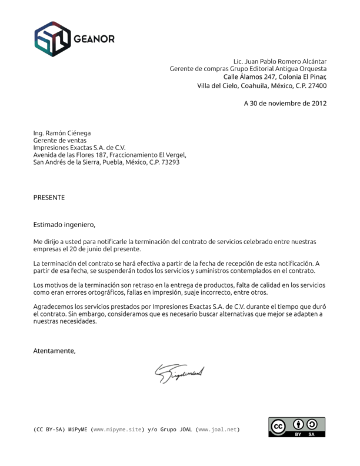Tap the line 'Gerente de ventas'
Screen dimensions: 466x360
[59, 141]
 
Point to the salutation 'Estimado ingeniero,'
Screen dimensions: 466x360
[64, 224]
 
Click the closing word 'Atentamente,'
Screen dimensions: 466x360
[54, 351]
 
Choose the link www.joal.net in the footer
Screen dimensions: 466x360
[218, 430]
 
